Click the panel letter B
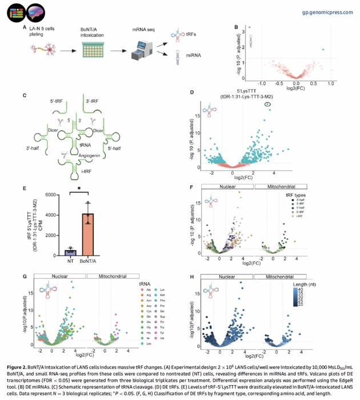235,27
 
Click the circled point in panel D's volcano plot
267,105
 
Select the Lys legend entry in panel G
163,290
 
